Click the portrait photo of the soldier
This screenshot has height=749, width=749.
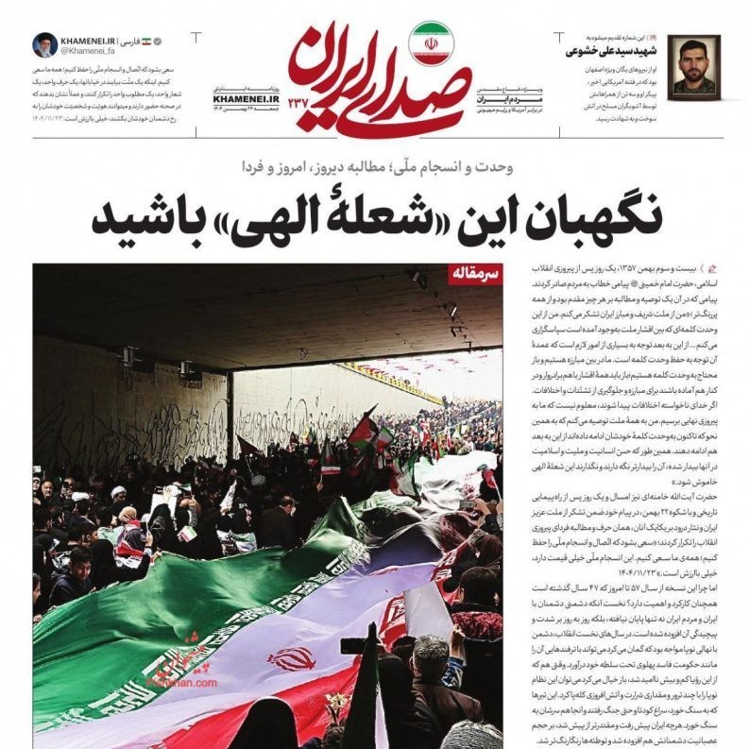click(698, 64)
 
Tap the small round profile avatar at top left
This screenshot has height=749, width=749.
click(44, 45)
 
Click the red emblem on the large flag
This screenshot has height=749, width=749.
click(291, 658)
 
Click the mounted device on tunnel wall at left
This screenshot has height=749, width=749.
click(130, 356)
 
